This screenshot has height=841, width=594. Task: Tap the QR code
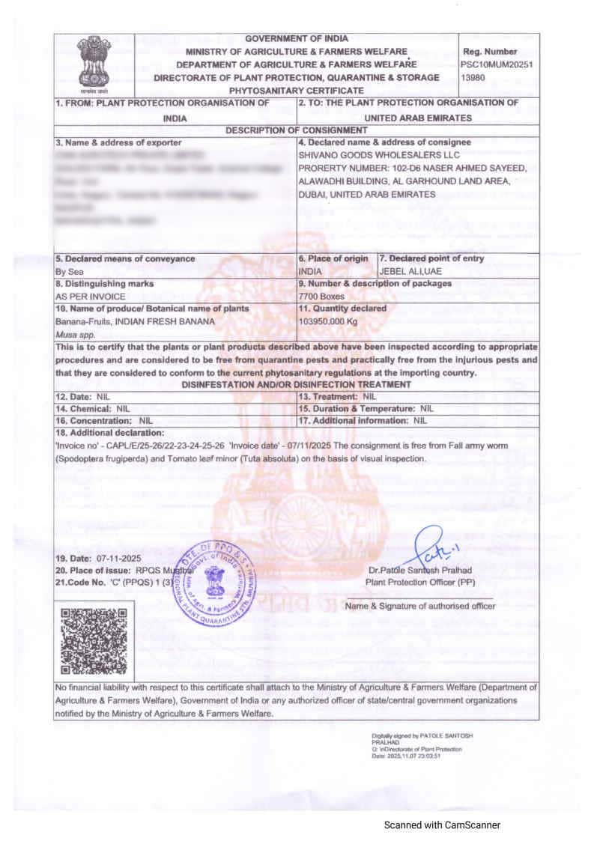click(92, 642)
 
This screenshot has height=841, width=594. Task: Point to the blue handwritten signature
click(433, 550)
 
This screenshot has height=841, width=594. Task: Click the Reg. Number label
click(490, 52)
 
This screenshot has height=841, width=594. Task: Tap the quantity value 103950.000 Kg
click(328, 321)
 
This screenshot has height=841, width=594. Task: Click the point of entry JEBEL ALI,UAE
click(410, 271)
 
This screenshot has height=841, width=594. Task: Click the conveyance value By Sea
click(70, 271)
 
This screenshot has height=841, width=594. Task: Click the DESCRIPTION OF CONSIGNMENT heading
click(297, 130)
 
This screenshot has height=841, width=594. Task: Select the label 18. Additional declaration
click(109, 433)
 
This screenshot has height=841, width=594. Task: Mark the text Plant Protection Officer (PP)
click(419, 582)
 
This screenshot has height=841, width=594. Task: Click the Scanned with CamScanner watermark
click(442, 825)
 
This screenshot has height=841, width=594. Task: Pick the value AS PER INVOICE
click(85, 296)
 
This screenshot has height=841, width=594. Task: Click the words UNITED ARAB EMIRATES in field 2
click(417, 118)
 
